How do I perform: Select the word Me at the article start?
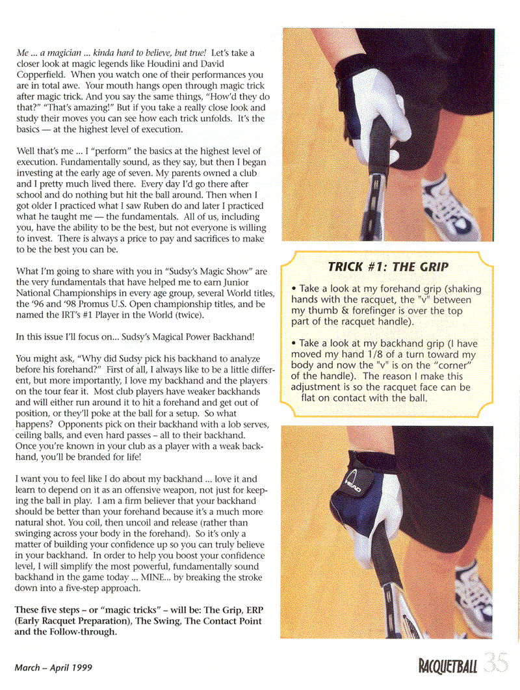tap(23, 51)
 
